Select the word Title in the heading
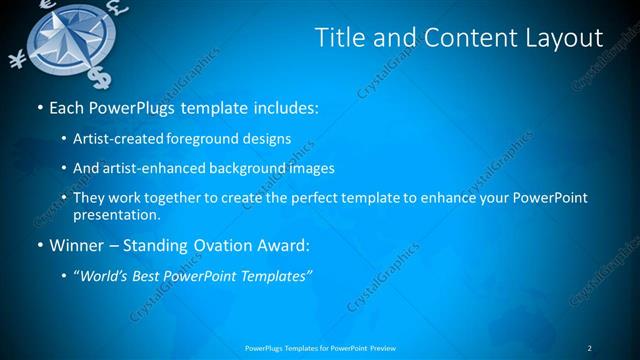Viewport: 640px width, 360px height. tap(340, 38)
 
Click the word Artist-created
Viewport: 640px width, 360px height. tap(121, 138)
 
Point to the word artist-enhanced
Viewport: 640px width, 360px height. tap(152, 168)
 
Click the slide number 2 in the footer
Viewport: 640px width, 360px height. tap(589, 348)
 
